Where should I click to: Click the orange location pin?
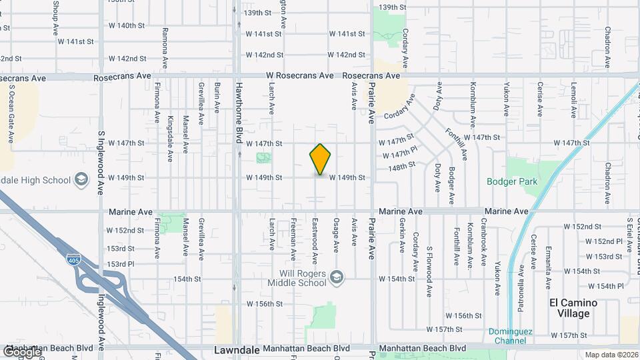320,159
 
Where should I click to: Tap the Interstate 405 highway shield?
74,258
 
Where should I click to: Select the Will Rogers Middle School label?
302,277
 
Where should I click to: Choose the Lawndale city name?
235,349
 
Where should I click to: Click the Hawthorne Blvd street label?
238,113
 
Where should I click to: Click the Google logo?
21,351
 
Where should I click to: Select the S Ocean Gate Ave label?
11,114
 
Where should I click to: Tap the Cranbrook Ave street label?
485,244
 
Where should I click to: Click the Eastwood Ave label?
314,236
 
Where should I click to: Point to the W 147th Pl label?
400,153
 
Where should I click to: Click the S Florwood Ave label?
431,251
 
